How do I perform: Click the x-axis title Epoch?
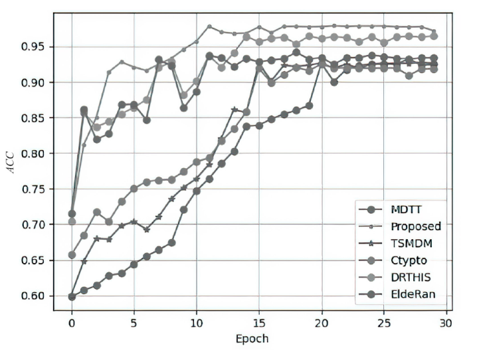point(252,338)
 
